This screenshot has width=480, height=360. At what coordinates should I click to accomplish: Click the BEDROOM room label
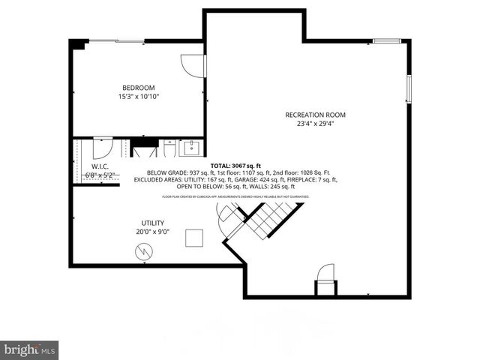(x=139, y=87)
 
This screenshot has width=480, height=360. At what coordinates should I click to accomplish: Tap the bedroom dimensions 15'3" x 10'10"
(x=139, y=97)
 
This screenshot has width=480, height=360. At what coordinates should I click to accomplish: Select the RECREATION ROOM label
(x=315, y=115)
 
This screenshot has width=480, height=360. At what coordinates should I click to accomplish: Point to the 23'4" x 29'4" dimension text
(x=315, y=124)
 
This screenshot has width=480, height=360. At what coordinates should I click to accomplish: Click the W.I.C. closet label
(x=100, y=166)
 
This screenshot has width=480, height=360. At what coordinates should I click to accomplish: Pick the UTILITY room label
(x=153, y=223)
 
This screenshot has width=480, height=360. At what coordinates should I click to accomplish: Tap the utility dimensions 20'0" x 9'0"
(x=153, y=232)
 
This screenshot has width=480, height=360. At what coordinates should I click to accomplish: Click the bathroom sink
(x=191, y=146)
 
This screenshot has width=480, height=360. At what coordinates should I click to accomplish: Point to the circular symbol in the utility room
(x=143, y=253)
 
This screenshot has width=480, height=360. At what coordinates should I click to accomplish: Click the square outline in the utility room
(x=195, y=238)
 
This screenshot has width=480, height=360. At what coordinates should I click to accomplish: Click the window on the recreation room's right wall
(x=409, y=88)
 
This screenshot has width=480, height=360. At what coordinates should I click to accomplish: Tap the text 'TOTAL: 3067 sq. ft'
(x=235, y=166)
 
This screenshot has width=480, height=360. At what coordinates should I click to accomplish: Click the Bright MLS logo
(x=29, y=349)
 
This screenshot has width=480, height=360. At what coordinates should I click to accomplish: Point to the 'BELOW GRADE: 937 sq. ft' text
(x=168, y=173)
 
